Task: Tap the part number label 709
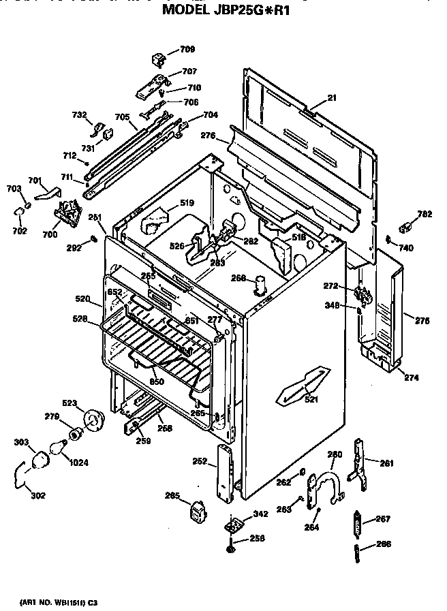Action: (187, 49)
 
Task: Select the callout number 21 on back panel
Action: (332, 98)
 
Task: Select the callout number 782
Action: (424, 215)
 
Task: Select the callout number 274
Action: (411, 377)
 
